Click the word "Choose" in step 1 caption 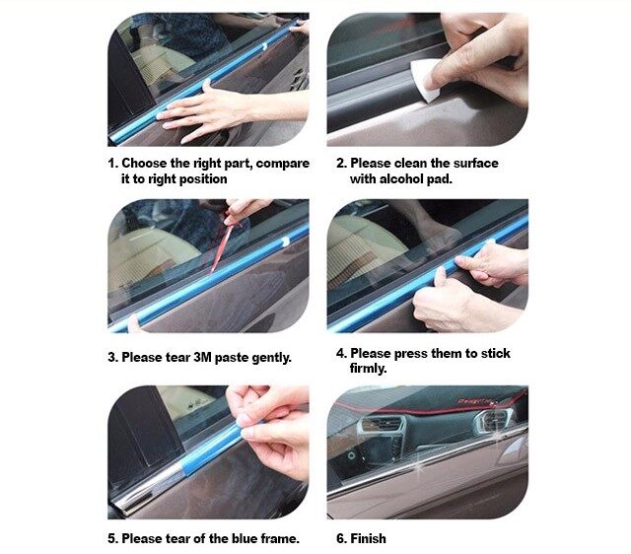coord(144,164)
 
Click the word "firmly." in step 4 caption coord(368,368)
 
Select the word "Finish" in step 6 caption coord(368,538)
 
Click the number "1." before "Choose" coord(113,164)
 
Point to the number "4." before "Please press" coord(341,353)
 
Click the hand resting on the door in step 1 coord(209,111)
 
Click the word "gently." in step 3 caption coord(271,358)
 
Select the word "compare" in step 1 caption coord(283,164)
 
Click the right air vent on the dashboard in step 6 coord(493,421)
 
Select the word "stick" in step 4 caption coord(496,353)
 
